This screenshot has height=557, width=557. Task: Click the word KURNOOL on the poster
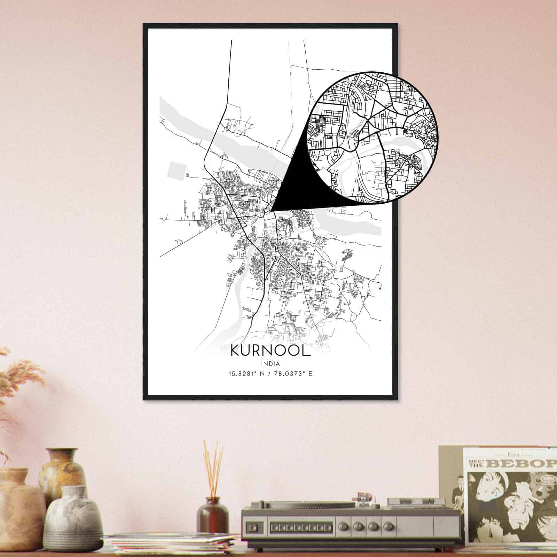[x=270, y=351]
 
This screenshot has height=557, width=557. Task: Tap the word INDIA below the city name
[x=270, y=363]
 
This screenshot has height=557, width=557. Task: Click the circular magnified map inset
[x=372, y=136]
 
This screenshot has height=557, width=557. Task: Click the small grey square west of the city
[x=175, y=171]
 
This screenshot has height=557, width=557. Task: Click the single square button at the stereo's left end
[x=252, y=526]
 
